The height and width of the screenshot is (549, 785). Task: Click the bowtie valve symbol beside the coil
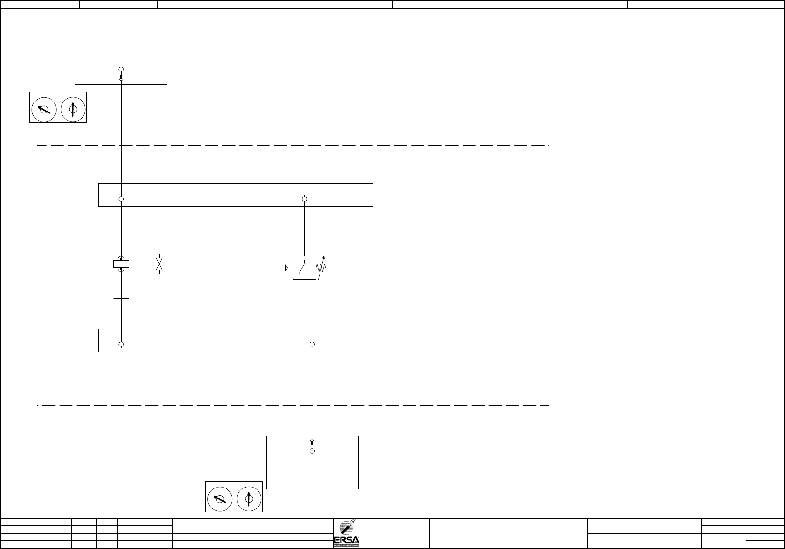[x=159, y=264]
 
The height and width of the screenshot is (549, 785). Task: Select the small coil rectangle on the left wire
[x=121, y=264]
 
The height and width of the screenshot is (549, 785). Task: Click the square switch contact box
[x=304, y=268]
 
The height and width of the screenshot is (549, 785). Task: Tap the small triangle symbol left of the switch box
[x=286, y=268]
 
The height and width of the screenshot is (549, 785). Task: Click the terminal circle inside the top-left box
[x=121, y=70]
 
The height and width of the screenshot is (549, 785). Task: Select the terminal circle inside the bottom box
[x=312, y=451]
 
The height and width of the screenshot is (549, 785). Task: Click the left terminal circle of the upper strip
[x=121, y=199]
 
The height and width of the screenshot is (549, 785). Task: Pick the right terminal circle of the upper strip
[x=305, y=199]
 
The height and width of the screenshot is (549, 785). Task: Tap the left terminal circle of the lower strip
[x=121, y=344]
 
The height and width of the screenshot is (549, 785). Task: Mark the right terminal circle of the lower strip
[x=312, y=344]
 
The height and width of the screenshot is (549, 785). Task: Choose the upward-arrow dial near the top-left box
[x=72, y=109]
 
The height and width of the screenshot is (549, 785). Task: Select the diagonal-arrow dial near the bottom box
[x=220, y=498]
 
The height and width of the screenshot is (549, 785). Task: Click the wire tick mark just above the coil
[x=121, y=230]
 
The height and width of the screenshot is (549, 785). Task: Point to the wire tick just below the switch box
[x=312, y=306]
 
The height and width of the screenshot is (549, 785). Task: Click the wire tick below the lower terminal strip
[x=309, y=375]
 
